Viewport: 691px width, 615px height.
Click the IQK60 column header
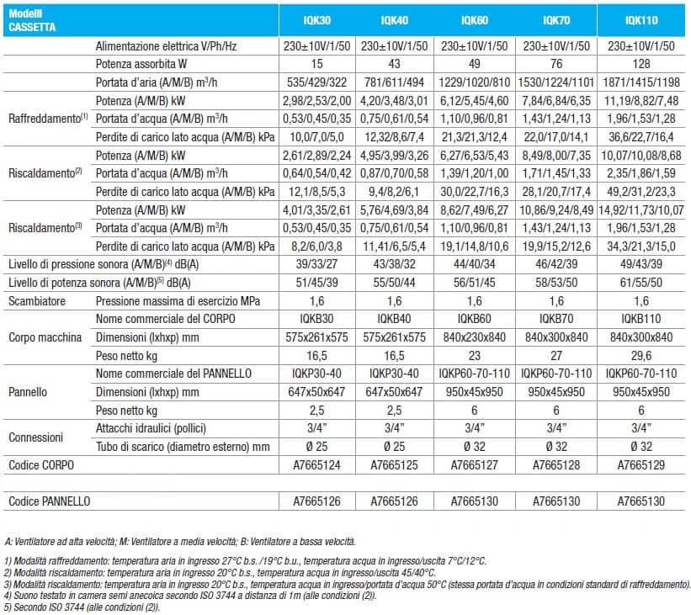pyautogui.click(x=474, y=20)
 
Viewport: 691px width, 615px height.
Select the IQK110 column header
pyautogui.click(x=641, y=20)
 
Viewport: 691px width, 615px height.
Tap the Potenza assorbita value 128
pyautogui.click(x=641, y=64)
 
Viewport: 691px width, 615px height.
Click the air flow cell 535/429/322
pyautogui.click(x=316, y=82)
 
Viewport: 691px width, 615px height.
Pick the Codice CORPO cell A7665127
pyautogui.click(x=474, y=465)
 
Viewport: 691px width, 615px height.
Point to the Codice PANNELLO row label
pyautogui.click(x=50, y=501)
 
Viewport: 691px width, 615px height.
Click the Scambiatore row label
pyautogui.click(x=37, y=301)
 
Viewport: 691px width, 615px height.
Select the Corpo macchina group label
pyautogui.click(x=45, y=337)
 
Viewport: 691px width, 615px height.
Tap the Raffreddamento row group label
pyautogui.click(x=48, y=119)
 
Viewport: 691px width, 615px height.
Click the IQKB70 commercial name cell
pyautogui.click(x=556, y=319)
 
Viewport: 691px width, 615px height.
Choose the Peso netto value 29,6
pyautogui.click(x=641, y=356)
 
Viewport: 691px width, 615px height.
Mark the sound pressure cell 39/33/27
pyautogui.click(x=316, y=264)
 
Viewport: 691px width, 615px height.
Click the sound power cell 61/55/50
pyautogui.click(x=641, y=283)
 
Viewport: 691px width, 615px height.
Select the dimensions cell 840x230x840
pyautogui.click(x=474, y=337)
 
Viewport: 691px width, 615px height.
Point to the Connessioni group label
pyautogui.click(x=35, y=437)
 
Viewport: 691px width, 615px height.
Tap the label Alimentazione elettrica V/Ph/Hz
pyautogui.click(x=166, y=46)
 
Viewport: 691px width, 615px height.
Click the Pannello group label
pyautogui.click(x=28, y=392)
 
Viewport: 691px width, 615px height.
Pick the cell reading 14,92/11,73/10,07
pyautogui.click(x=641, y=210)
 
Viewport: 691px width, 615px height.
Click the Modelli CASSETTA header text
pyautogui.click(x=32, y=20)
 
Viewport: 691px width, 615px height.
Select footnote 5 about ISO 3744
pyautogui.click(x=82, y=607)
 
